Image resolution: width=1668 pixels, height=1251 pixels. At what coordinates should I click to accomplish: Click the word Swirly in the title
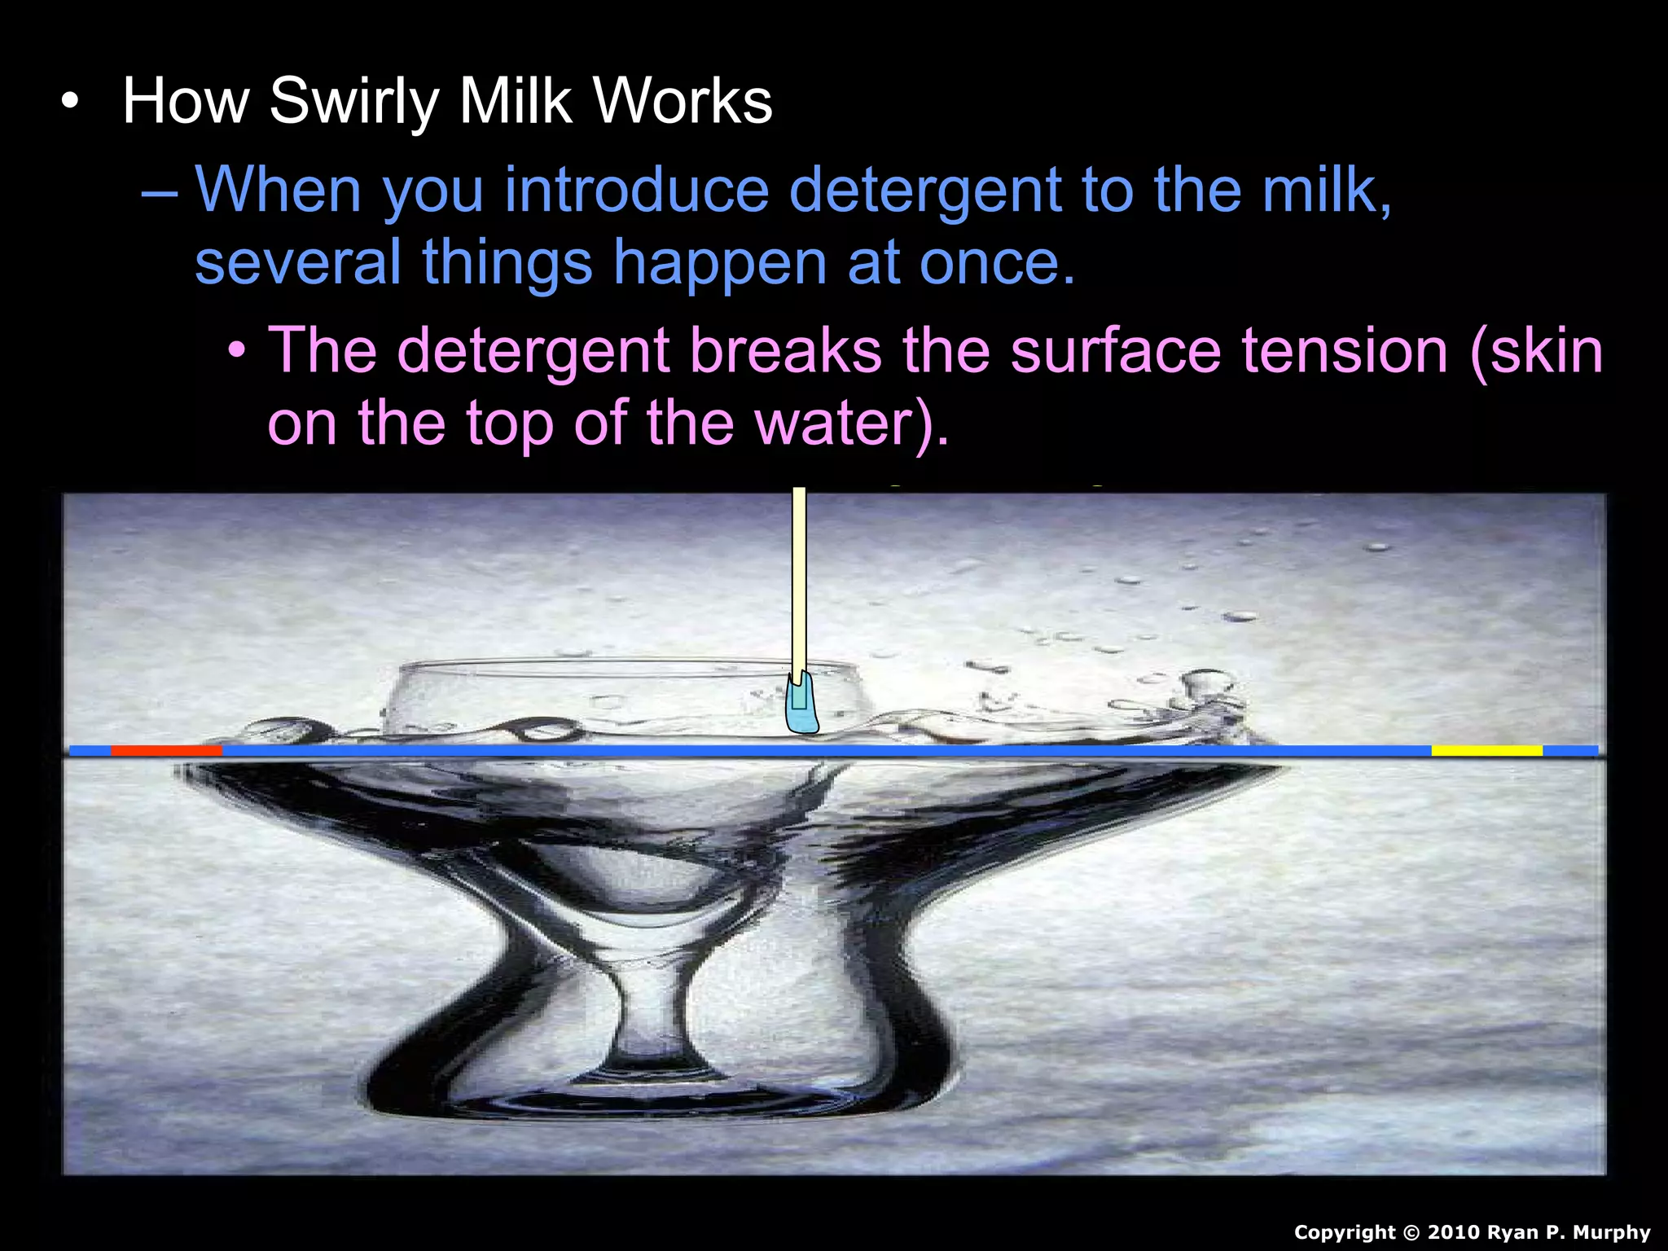(x=353, y=102)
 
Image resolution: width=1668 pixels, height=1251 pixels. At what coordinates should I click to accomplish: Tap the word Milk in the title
(x=516, y=102)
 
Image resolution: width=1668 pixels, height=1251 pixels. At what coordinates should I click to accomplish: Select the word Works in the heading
(x=683, y=102)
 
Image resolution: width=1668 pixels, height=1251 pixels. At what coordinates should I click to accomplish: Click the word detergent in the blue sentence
(x=925, y=191)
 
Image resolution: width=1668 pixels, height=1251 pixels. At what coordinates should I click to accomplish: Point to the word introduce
(x=637, y=191)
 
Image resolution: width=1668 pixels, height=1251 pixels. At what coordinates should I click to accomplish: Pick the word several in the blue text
(x=298, y=262)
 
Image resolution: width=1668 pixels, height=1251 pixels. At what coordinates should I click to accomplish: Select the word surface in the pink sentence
(x=1115, y=351)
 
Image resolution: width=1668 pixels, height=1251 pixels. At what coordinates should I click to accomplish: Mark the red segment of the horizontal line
(x=166, y=750)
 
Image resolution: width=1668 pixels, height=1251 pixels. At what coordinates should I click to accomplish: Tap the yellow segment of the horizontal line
(x=1486, y=750)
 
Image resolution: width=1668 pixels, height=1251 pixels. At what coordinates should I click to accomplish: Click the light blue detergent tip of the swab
(x=802, y=709)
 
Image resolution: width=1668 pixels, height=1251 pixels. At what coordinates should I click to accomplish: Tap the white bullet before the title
(x=71, y=103)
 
